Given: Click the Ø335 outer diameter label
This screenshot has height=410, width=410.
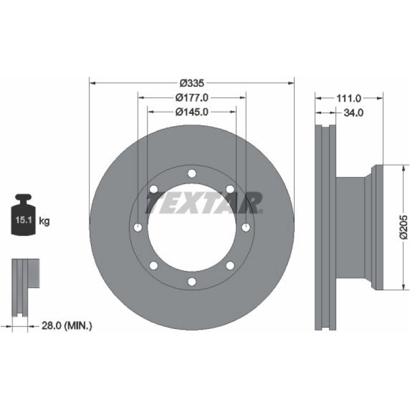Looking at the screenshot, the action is (192, 83).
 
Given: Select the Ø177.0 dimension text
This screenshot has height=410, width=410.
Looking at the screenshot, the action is (192, 97).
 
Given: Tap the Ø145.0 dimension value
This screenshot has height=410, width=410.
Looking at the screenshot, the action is (192, 112).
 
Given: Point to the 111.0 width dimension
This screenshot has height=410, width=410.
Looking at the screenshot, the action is (349, 99).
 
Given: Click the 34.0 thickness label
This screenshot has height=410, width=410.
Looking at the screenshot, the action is (353, 113).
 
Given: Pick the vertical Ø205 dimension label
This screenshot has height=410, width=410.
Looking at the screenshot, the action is (404, 227).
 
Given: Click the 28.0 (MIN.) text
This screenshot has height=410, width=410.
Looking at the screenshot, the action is (67, 325).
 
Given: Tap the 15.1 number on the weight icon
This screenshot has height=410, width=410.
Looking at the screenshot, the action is (23, 219).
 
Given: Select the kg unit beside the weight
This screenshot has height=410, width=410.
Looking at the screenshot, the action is (44, 221).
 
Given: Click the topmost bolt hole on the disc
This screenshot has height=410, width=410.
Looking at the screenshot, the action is (192, 174).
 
